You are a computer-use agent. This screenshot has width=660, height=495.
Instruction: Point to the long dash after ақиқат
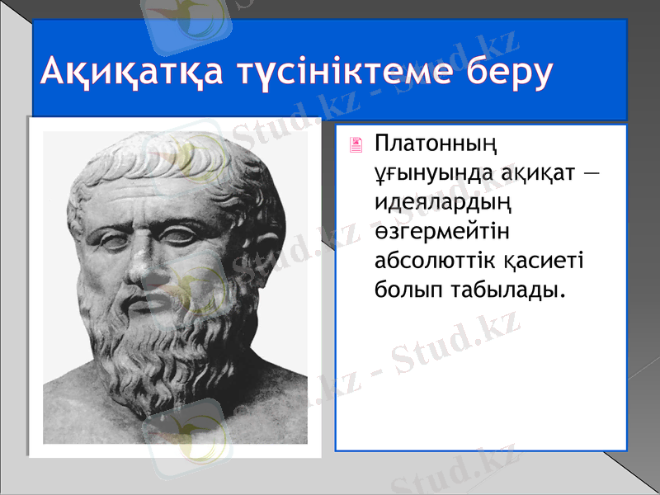point(592,175)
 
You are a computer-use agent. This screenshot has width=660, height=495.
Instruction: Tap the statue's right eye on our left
point(110,238)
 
